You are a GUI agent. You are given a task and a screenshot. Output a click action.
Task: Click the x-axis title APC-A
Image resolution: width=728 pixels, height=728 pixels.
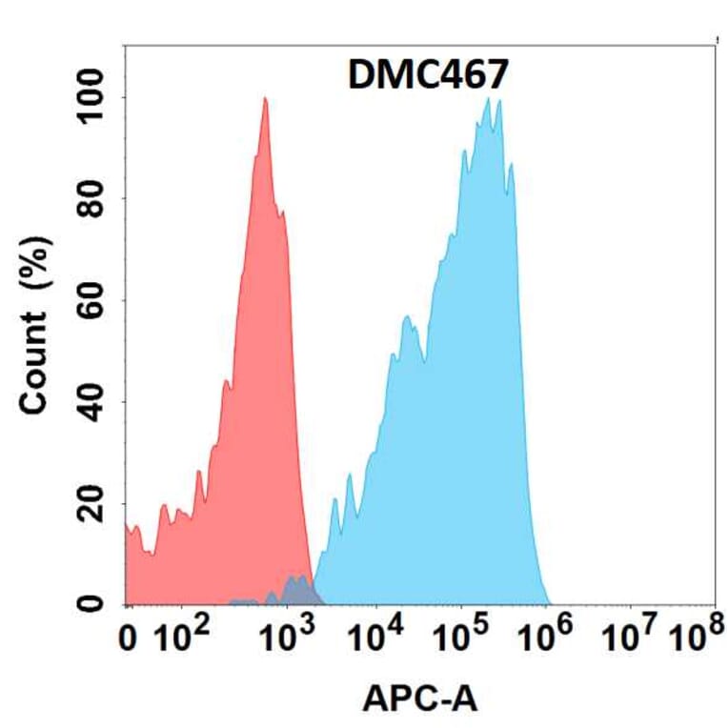click(419, 700)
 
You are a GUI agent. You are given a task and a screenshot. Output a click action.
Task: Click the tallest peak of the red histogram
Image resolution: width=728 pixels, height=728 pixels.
click(265, 99)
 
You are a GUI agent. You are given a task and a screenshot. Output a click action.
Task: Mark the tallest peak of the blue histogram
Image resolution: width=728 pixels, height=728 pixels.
click(488, 99)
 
